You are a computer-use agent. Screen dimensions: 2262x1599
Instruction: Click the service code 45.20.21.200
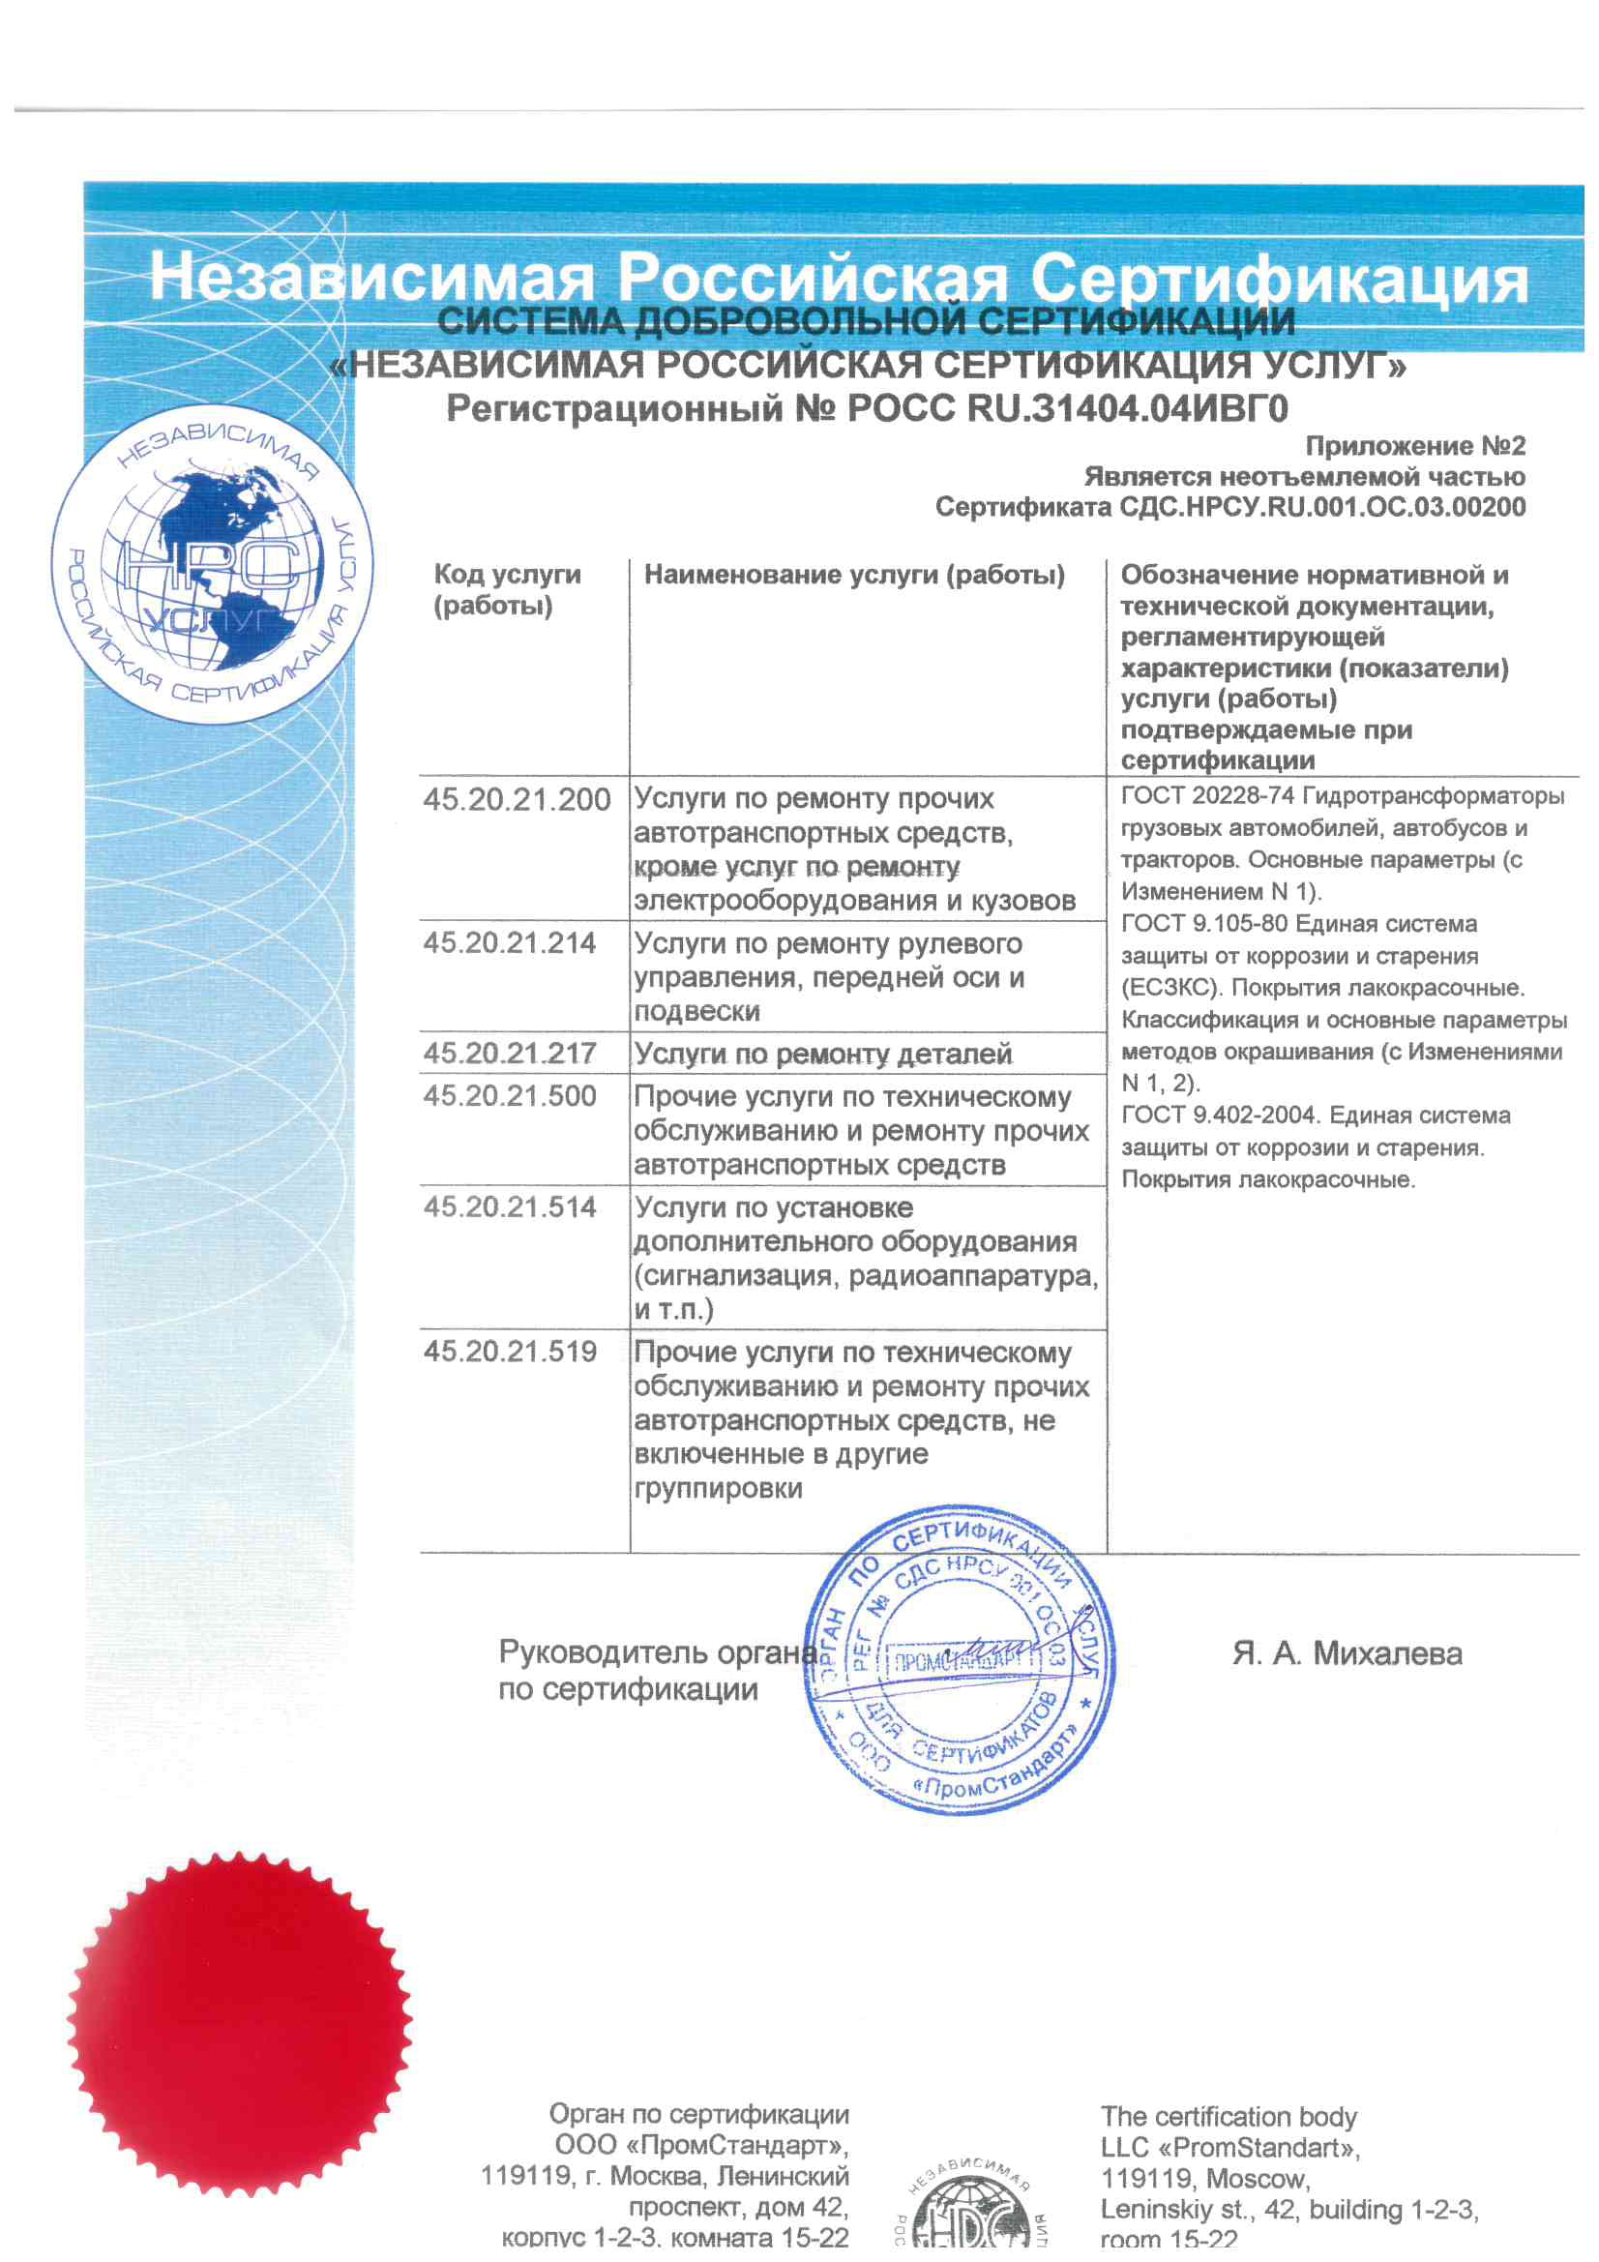pyautogui.click(x=517, y=799)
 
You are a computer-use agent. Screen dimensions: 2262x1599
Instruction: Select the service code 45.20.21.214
pyautogui.click(x=510, y=943)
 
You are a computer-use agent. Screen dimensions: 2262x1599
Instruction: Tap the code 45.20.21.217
pyautogui.click(x=510, y=1054)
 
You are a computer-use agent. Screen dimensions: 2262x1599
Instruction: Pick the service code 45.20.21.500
pyautogui.click(x=510, y=1095)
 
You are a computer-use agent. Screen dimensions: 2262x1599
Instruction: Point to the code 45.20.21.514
pyautogui.click(x=510, y=1206)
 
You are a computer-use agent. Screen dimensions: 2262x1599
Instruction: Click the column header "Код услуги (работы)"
pyautogui.click(x=507, y=589)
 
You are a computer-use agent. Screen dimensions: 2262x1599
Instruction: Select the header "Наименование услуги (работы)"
pyautogui.click(x=854, y=575)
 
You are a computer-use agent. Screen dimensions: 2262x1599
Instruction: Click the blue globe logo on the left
pyautogui.click(x=212, y=563)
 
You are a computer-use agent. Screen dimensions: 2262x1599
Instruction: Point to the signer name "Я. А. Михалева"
pyautogui.click(x=1346, y=1653)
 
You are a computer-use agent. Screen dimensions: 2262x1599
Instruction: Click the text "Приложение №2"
pyautogui.click(x=1415, y=446)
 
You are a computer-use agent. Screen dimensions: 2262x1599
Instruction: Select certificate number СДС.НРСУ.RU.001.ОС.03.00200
pyautogui.click(x=1322, y=507)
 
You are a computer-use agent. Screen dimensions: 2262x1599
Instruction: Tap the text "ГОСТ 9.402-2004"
pyautogui.click(x=1222, y=1116)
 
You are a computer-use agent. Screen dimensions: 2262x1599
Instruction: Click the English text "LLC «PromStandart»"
pyautogui.click(x=1229, y=2148)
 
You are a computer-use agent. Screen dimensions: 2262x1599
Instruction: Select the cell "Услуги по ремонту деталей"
pyautogui.click(x=822, y=1055)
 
